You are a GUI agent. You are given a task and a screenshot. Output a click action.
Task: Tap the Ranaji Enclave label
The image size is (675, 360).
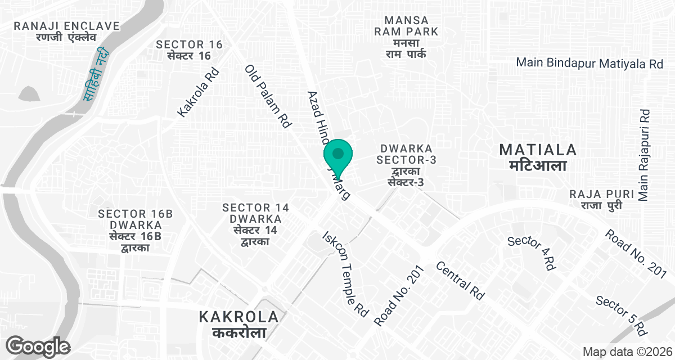pos(67,31)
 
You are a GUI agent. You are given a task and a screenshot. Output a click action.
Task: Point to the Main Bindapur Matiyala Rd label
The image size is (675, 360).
pos(589,63)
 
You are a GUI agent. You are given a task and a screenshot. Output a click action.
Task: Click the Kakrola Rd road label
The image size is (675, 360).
pos(197,93)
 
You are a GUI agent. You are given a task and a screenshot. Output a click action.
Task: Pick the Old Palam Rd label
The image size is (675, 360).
pos(267,96)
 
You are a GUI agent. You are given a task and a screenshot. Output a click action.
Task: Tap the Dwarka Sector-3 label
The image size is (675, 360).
pos(406,165)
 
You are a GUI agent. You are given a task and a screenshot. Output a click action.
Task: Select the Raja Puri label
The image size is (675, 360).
pos(598,200)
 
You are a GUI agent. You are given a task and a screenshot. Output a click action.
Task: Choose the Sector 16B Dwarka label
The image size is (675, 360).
pos(135,231)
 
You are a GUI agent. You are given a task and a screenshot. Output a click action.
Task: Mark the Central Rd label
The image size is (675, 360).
pos(460,280)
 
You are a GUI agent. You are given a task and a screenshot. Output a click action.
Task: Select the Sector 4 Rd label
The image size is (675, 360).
pos(531,253)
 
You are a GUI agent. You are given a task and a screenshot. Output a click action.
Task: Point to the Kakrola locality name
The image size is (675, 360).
pos(238,325)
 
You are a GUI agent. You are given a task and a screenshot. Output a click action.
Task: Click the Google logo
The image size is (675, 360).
pos(38,345)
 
